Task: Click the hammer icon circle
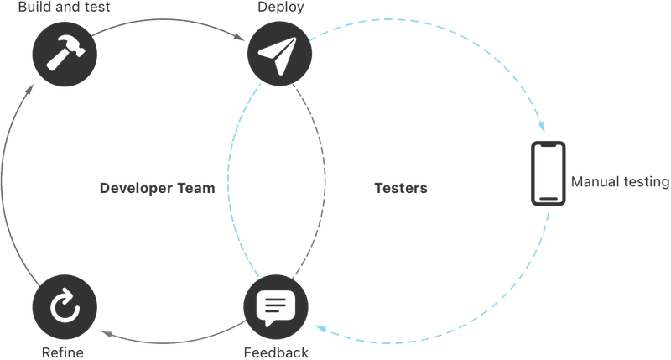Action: (65, 55)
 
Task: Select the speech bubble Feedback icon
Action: (276, 307)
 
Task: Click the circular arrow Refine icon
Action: (65, 307)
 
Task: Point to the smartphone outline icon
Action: (549, 174)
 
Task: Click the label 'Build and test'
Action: (65, 7)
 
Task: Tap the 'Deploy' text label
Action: (281, 7)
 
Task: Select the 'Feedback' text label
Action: (276, 352)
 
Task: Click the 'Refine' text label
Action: (62, 352)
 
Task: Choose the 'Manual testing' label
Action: (620, 182)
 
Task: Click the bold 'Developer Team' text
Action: (157, 188)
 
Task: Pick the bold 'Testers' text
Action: (401, 188)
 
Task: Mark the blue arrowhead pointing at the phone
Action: (542, 127)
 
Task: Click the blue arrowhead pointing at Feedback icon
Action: (321, 329)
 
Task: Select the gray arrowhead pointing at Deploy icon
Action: (239, 38)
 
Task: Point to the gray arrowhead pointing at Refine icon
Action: (107, 334)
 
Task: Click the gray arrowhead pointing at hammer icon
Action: (29, 90)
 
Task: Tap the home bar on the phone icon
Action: (549, 199)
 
